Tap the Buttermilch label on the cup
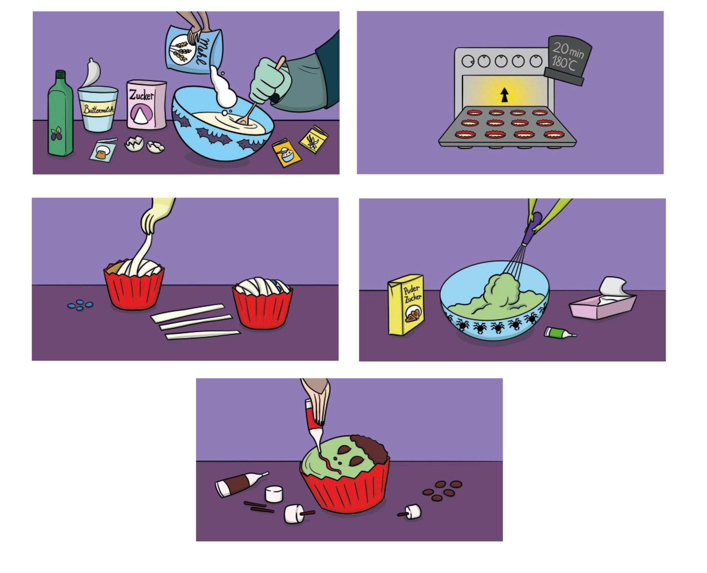click(98, 109)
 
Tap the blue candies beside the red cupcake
click(80, 305)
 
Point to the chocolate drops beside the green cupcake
click(442, 491)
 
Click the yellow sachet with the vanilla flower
click(313, 139)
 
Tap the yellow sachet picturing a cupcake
click(286, 153)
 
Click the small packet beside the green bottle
click(103, 150)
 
